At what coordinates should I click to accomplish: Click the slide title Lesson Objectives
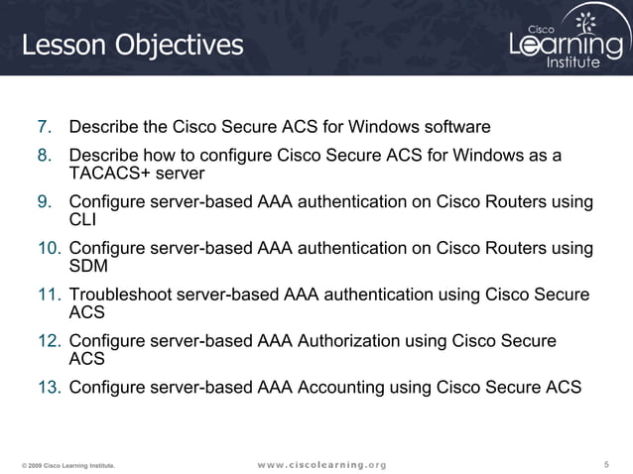pyautogui.click(x=132, y=45)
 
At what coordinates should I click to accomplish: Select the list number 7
pyautogui.click(x=45, y=128)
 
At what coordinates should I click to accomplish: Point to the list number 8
pyautogui.click(x=45, y=156)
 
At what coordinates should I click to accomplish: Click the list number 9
pyautogui.click(x=45, y=202)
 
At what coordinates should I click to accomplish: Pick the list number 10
pyautogui.click(x=42, y=248)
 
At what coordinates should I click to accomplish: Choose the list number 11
pyautogui.click(x=42, y=295)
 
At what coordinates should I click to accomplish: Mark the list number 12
pyautogui.click(x=42, y=341)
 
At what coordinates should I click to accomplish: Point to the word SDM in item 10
pyautogui.click(x=88, y=267)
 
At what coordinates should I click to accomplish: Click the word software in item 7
pyautogui.click(x=456, y=128)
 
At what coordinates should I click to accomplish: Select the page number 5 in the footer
pyautogui.click(x=606, y=464)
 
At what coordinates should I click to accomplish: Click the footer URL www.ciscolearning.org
pyautogui.click(x=320, y=464)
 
